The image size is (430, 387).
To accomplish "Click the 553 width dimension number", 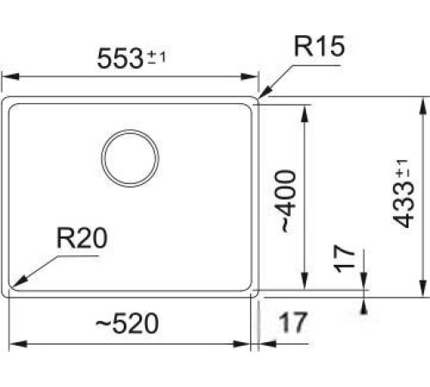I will tap(118, 60).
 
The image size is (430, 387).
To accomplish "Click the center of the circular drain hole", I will tap(130, 157).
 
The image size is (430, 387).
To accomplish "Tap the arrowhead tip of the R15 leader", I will tap(261, 97).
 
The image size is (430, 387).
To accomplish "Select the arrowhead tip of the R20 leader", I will tap(15, 287).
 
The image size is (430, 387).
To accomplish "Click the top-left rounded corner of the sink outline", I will tap(8, 101).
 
